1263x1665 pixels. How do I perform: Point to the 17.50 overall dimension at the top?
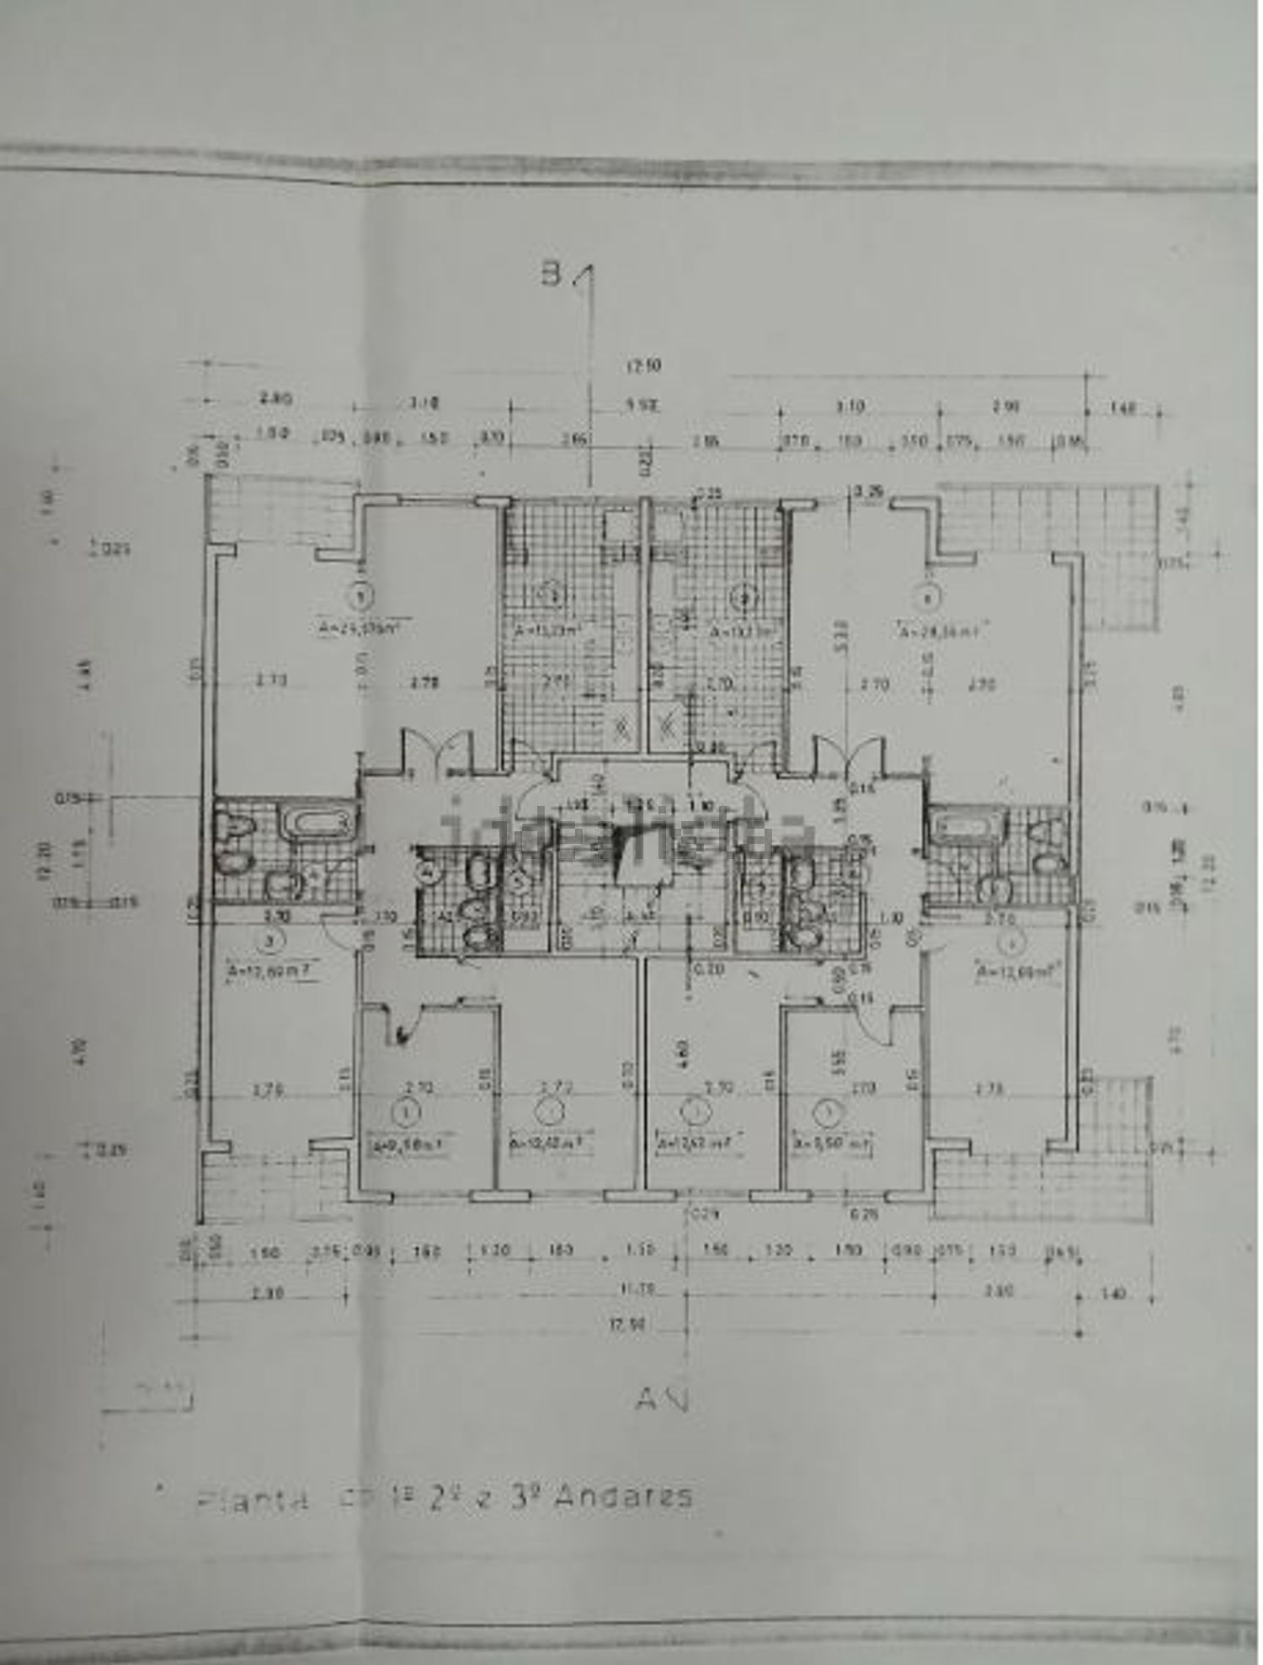coord(644,366)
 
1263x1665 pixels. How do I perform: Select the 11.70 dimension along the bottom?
coord(644,1288)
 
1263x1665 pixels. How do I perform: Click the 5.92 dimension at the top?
coord(645,406)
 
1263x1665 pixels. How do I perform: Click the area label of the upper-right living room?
coord(941,631)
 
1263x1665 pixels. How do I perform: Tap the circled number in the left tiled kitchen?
coord(553,597)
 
